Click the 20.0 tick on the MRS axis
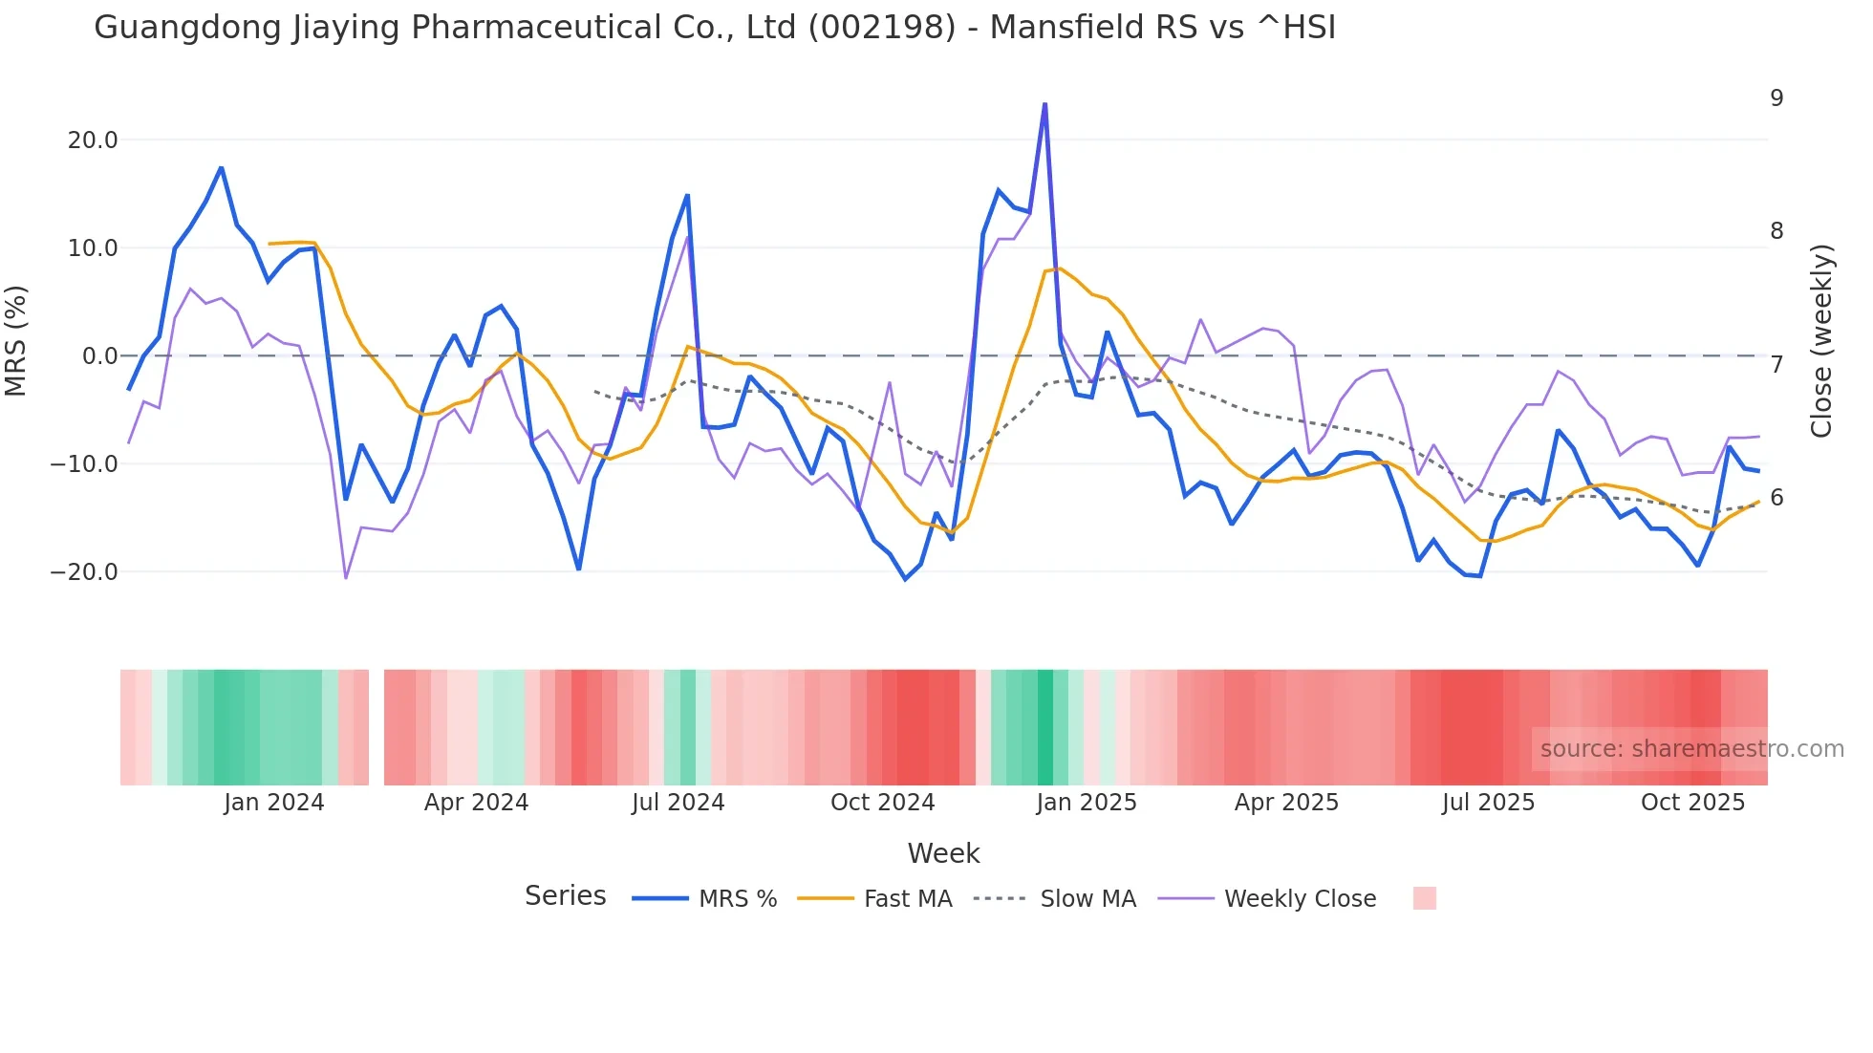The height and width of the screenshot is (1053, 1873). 93,140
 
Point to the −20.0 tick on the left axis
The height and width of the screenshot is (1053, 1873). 85,572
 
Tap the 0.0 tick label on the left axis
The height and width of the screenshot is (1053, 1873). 99,356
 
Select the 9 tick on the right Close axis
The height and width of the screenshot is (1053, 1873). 1776,98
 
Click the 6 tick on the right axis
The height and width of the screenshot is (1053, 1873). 1776,498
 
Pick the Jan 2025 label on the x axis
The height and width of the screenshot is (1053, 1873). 1086,803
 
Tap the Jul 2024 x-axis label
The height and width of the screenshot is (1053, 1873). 678,803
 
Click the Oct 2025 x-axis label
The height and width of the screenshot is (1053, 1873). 1692,803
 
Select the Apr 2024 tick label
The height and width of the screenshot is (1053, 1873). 476,803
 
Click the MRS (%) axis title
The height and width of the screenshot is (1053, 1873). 16,341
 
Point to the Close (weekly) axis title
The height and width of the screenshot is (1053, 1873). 1821,341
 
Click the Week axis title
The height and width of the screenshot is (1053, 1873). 943,853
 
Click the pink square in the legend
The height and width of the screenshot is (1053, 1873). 1424,898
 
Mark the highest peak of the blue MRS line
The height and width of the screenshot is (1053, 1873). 1044,103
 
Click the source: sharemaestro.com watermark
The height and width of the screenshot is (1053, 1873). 1691,749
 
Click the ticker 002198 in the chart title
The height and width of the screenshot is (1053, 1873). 881,28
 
